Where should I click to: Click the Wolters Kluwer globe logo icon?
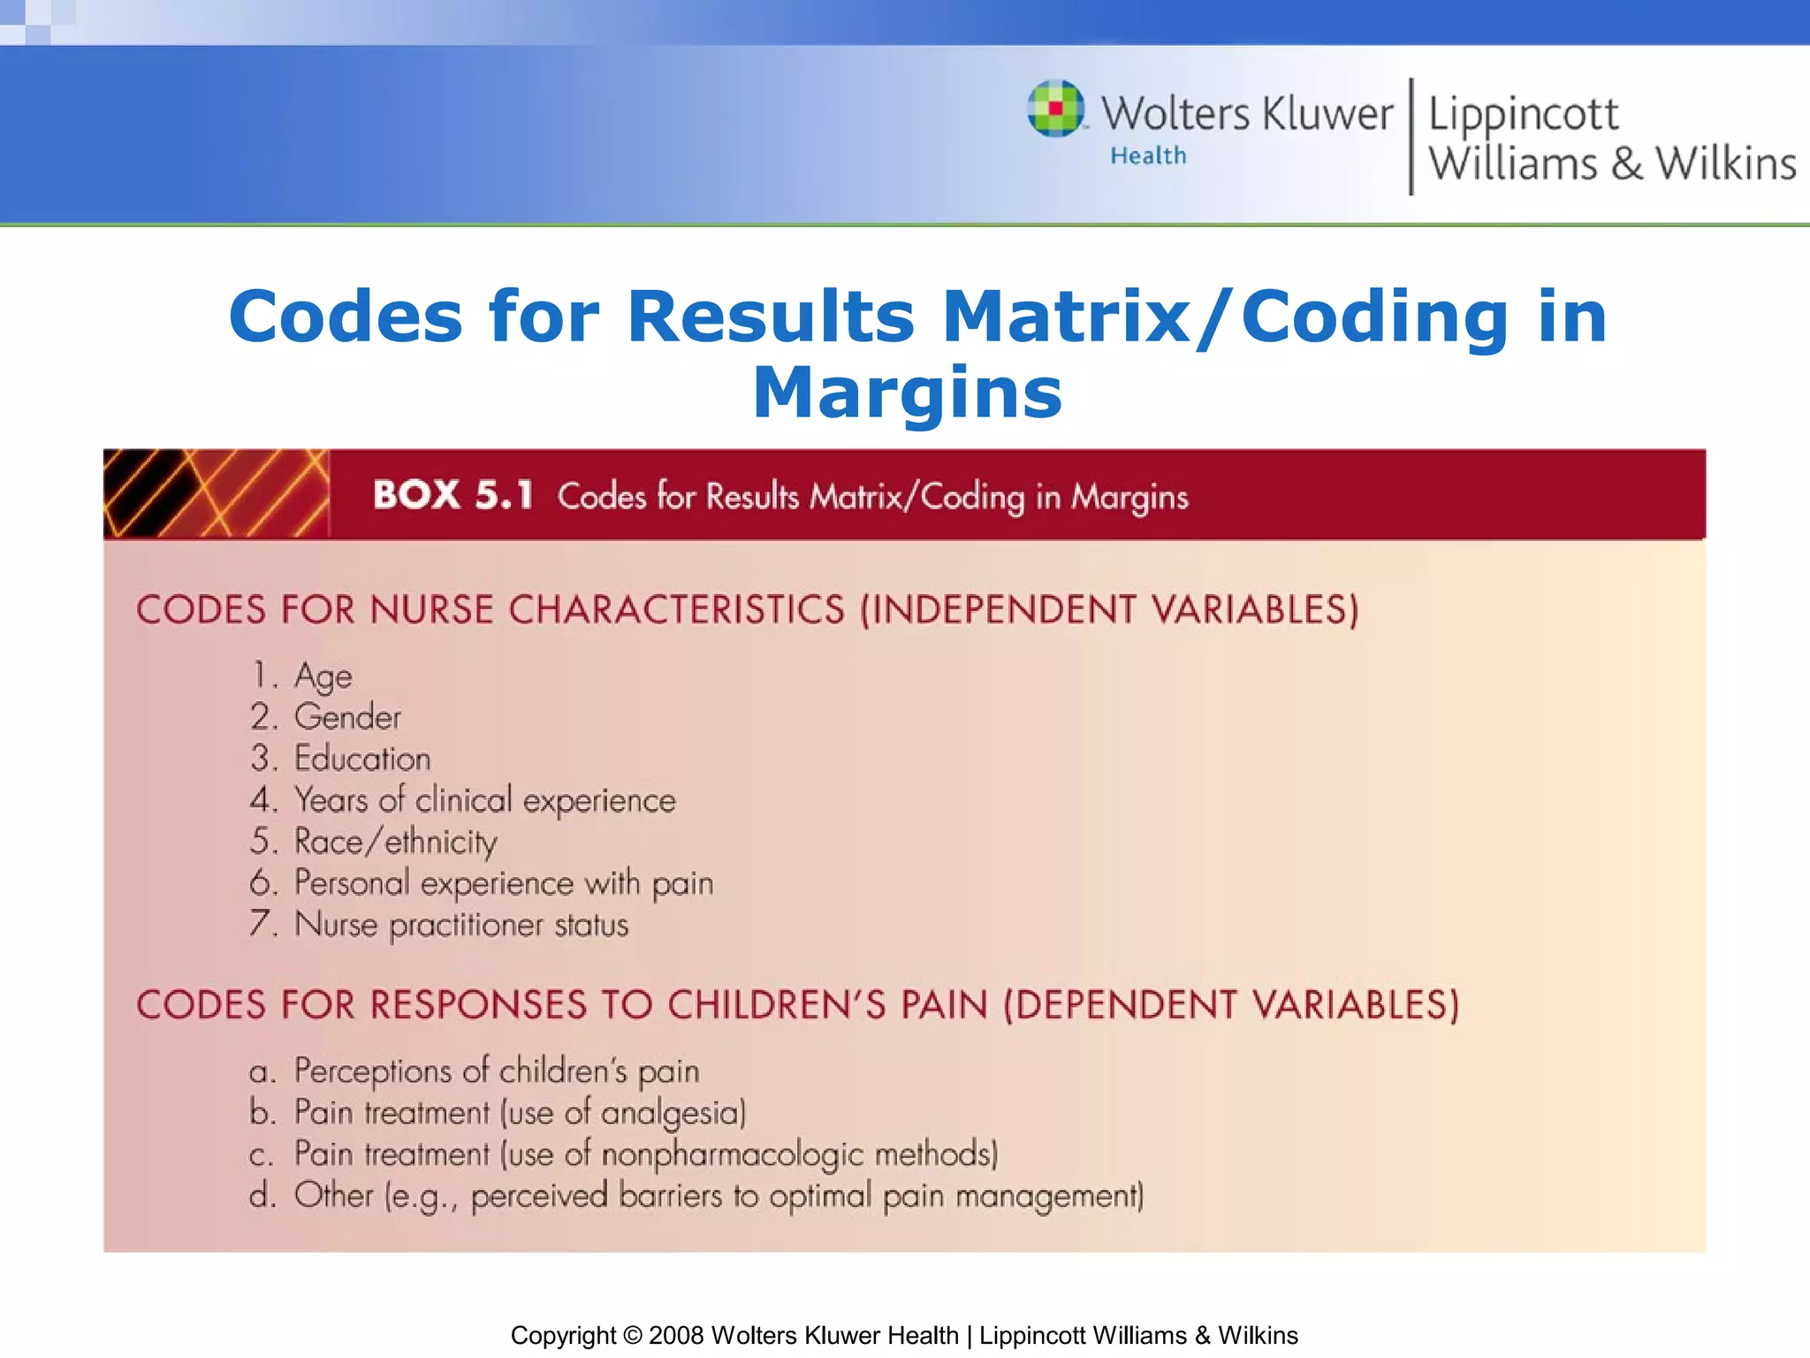tap(1055, 109)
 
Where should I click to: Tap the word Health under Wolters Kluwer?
tap(1148, 156)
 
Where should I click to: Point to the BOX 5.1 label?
tap(452, 495)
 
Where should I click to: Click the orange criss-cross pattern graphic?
tap(216, 493)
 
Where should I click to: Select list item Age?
tap(323, 676)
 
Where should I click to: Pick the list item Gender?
tap(347, 717)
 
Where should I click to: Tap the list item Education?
tap(362, 759)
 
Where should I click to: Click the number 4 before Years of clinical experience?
tap(262, 800)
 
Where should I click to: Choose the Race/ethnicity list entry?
tap(395, 842)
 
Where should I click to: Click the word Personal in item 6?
tap(352, 882)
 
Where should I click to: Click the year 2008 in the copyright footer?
tap(676, 1335)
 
